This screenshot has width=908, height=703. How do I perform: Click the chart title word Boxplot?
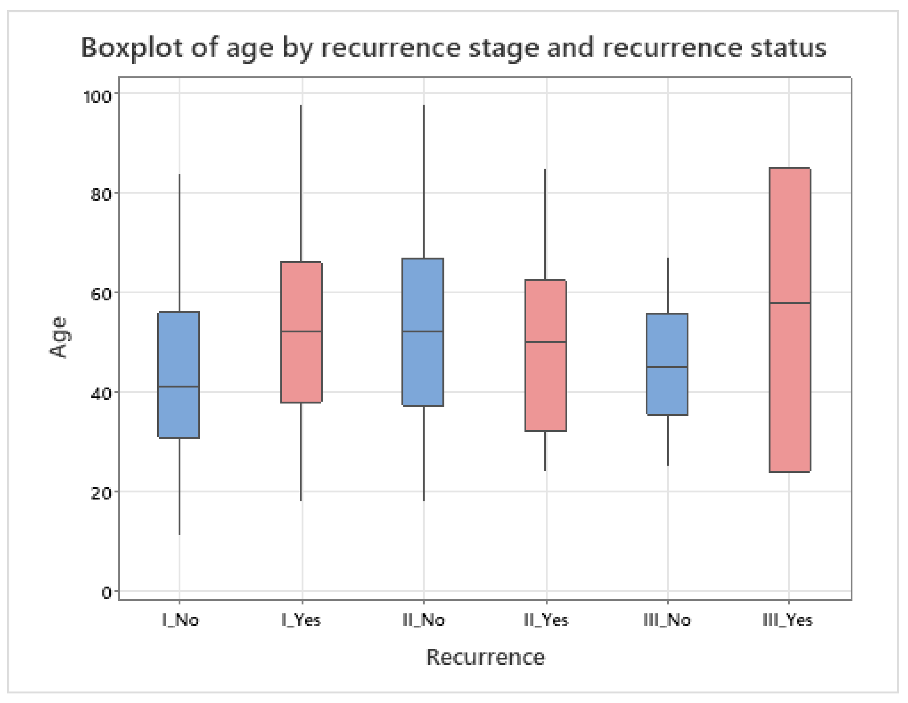(132, 48)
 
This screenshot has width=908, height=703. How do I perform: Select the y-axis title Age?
(59, 337)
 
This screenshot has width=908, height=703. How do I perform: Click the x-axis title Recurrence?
(485, 657)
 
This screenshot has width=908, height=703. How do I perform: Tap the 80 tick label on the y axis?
(101, 194)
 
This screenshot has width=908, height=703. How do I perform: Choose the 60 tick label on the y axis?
(101, 294)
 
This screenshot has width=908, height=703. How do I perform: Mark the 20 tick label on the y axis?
(101, 493)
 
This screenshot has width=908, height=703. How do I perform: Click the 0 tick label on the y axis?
(106, 593)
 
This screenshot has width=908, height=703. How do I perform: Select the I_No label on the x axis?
(180, 620)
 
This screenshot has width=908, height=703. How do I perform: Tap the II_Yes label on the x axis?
(546, 620)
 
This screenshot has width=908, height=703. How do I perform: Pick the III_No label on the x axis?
(667, 620)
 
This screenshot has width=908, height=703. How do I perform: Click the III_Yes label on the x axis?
(788, 620)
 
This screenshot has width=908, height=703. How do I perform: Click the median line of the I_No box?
(179, 387)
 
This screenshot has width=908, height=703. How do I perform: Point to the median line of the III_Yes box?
(790, 303)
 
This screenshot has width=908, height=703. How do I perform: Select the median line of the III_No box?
(667, 367)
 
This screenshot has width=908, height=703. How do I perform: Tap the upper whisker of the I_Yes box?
(301, 183)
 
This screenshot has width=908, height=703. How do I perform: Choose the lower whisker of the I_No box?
(180, 486)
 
